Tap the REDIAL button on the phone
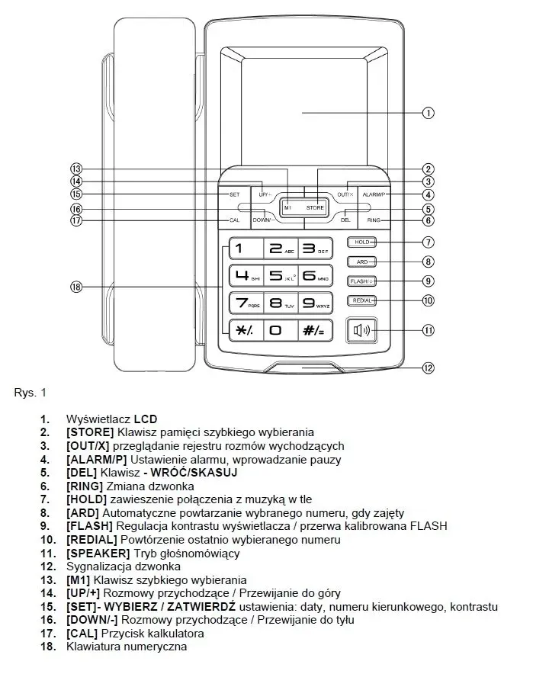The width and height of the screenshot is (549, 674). [x=361, y=300]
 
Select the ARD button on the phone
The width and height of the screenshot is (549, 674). [x=361, y=262]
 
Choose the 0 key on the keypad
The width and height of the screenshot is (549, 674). [x=279, y=329]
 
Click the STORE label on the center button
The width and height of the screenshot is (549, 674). [x=315, y=207]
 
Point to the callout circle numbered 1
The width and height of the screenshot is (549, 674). [x=429, y=113]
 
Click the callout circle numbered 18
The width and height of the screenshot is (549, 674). [x=75, y=287]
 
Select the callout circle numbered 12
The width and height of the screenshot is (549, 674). [x=429, y=368]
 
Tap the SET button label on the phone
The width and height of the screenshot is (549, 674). [x=234, y=194]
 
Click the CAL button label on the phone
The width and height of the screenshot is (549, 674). [x=234, y=220]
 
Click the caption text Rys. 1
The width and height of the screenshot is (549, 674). [x=30, y=393]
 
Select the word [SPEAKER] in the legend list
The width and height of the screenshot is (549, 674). [x=94, y=553]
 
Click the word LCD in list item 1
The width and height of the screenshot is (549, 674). [x=145, y=419]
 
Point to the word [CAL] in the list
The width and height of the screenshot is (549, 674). [x=82, y=633]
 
